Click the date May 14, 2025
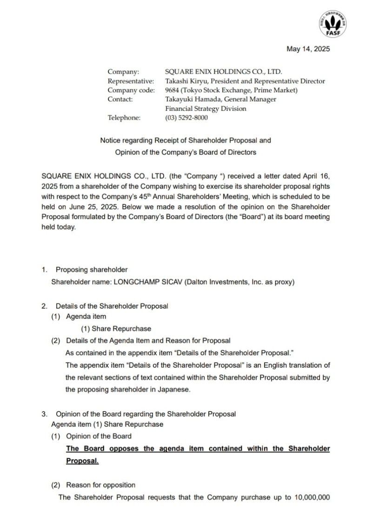point(308,49)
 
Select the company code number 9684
point(173,90)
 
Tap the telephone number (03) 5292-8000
point(186,118)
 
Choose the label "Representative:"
point(131,81)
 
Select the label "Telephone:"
point(124,118)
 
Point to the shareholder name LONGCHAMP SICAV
point(145,282)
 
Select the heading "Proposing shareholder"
point(92,269)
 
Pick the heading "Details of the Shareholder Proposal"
point(112,306)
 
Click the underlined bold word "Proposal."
point(82,461)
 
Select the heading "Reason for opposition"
point(101,485)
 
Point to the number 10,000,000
point(312,497)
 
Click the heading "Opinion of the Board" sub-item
point(99,436)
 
